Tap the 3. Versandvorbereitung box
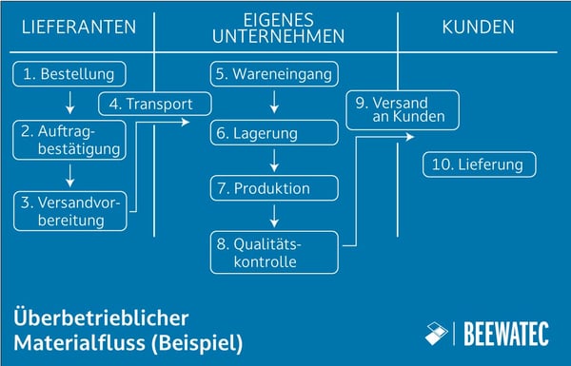[70, 210]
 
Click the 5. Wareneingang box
[274, 73]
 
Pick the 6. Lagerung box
[274, 133]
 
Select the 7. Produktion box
[274, 188]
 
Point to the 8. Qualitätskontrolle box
[274, 252]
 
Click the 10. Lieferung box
[480, 164]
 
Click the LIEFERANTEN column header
[77, 27]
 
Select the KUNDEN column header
[479, 27]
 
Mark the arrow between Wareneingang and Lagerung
[274, 103]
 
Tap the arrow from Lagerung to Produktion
[274, 161]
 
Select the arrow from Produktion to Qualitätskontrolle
[274, 216]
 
